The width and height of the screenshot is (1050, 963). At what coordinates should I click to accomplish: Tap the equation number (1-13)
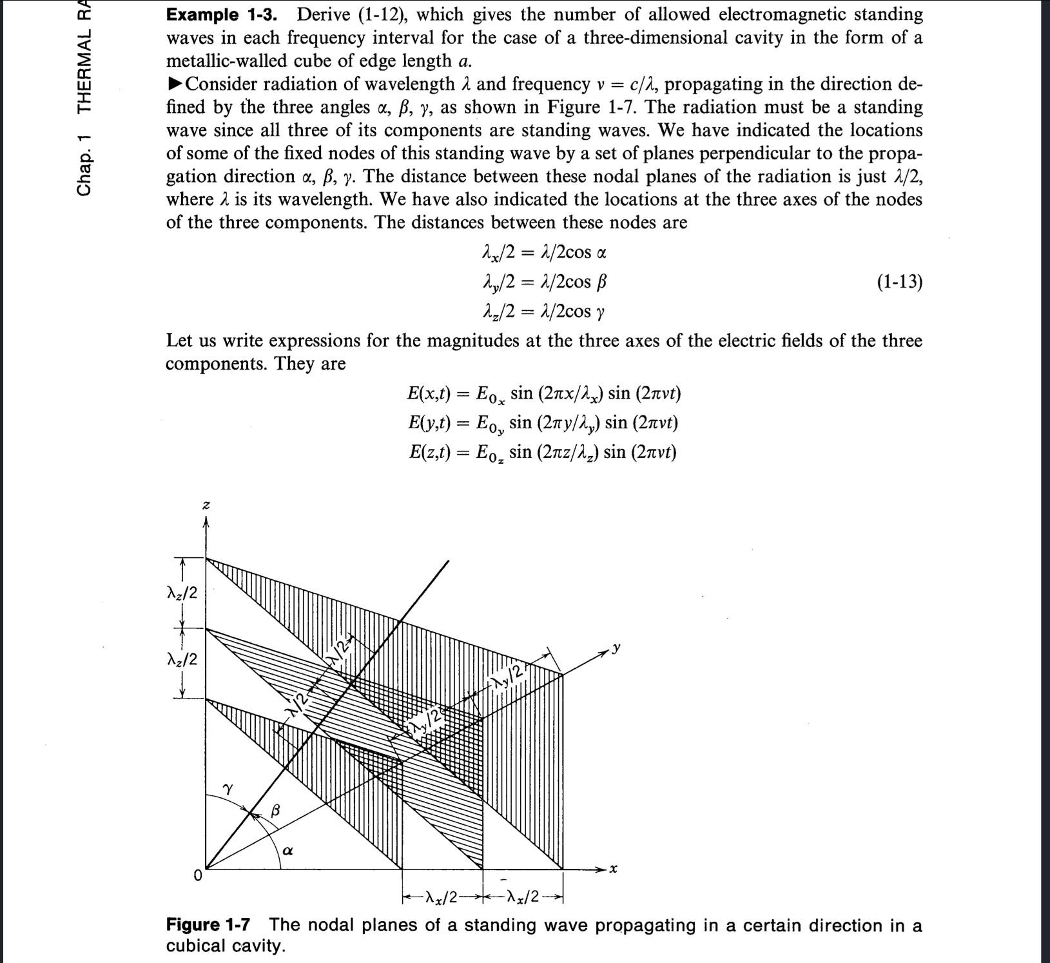tap(899, 282)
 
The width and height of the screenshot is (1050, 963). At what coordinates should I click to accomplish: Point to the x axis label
tap(613, 869)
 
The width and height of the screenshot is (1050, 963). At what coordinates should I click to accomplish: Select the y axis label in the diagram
tap(616, 647)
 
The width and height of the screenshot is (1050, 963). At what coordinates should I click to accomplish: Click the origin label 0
tap(198, 876)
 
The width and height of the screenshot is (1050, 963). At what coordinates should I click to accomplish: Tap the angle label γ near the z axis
tap(228, 788)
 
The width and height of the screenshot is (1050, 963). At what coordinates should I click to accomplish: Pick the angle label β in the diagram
tap(276, 809)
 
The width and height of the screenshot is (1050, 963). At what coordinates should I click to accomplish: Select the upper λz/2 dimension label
tap(182, 592)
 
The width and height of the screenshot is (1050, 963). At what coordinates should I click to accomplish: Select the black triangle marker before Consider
tap(174, 84)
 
